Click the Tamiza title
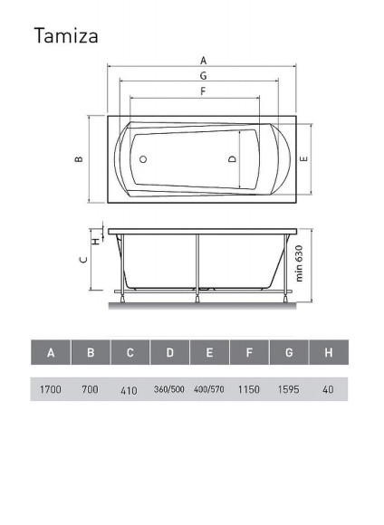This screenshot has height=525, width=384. tap(66, 35)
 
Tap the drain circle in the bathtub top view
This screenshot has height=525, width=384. tap(143, 159)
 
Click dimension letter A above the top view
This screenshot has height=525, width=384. tap(204, 61)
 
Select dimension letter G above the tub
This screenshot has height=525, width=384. tap(204, 76)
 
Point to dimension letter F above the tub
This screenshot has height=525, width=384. tap(203, 91)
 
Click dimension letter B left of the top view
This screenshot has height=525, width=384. tap(79, 159)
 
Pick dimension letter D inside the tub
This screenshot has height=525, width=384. tap(232, 159)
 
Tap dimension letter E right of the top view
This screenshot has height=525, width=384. tap(303, 158)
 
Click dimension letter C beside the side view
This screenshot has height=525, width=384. tap(84, 260)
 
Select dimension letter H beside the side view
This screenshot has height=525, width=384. tap(96, 241)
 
